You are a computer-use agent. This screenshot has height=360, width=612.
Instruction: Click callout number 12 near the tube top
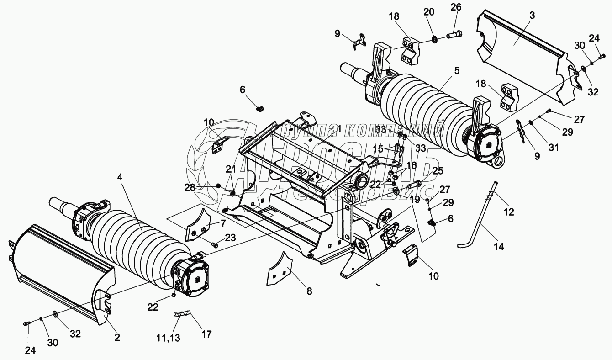point(509,212)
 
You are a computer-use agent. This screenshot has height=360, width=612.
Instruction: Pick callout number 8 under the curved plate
point(309,291)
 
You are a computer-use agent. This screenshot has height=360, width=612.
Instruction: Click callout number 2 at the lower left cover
point(117,338)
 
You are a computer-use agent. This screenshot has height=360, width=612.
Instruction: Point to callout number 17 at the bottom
point(206,334)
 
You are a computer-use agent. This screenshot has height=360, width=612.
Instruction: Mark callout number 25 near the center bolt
point(438,171)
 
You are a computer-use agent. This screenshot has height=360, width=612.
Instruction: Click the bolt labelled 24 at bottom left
point(26,324)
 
